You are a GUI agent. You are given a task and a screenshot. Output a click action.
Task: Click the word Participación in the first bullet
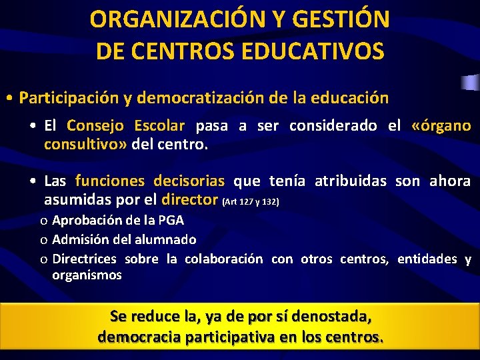coord(69,98)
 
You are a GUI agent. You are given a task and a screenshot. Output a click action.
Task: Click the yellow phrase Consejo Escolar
coord(126,125)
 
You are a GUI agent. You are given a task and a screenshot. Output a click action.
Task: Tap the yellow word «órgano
coord(441,125)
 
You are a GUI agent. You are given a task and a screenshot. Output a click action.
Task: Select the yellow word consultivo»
coord(85,143)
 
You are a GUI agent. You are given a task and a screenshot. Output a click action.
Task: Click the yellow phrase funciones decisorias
coord(150,181)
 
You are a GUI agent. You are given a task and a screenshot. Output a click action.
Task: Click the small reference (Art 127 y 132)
coord(251,201)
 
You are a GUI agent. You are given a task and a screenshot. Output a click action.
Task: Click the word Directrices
coord(84,259)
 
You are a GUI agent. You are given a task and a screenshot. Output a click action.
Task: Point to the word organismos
coord(87,275)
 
